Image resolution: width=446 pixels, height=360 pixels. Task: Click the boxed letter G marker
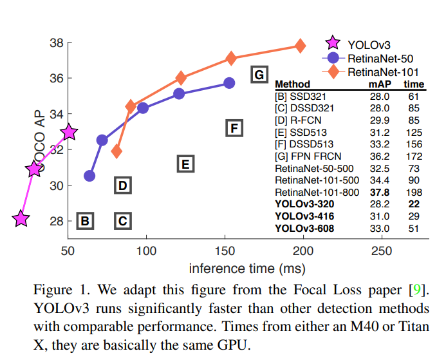[259, 75]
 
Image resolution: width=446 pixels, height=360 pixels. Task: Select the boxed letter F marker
[235, 128]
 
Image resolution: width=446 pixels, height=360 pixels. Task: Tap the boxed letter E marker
[185, 164]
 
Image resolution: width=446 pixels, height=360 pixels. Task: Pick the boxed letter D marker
[123, 186]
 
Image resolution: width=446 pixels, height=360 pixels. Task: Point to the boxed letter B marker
[84, 222]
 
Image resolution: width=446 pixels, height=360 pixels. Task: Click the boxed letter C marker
[123, 222]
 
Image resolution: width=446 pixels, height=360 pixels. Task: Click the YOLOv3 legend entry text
[369, 44]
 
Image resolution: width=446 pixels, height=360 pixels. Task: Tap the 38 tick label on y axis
[56, 43]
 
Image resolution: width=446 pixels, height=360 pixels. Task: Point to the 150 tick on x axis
[225, 251]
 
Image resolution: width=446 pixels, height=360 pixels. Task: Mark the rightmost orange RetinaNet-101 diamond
[299, 46]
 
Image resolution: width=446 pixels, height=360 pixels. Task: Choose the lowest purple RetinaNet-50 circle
[89, 176]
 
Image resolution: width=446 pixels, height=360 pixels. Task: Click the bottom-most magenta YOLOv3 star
[21, 219]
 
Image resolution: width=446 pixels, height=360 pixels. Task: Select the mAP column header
[378, 84]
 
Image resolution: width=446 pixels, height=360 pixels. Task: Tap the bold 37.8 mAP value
[379, 193]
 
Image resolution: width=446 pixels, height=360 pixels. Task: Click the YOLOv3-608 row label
[304, 228]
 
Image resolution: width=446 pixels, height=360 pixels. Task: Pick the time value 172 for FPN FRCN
[414, 156]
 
